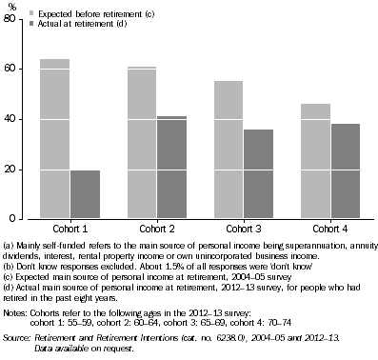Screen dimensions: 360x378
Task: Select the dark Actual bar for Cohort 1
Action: (x=84, y=194)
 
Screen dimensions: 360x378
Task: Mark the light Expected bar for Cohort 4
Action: (x=315, y=161)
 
